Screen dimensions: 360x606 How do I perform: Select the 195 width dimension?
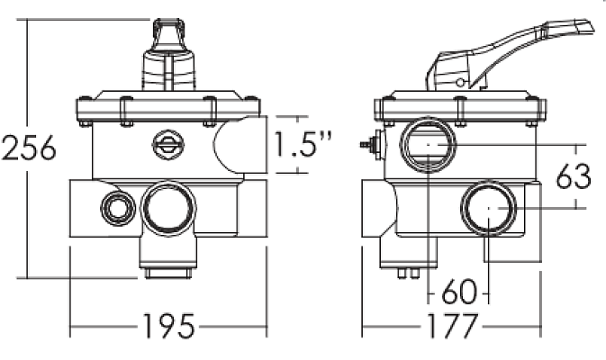coord(168,327)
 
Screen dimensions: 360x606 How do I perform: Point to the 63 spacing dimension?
coord(573,175)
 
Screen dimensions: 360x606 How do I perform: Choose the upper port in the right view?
coord(426,144)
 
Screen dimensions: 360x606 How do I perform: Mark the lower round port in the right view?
coord(487,208)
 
